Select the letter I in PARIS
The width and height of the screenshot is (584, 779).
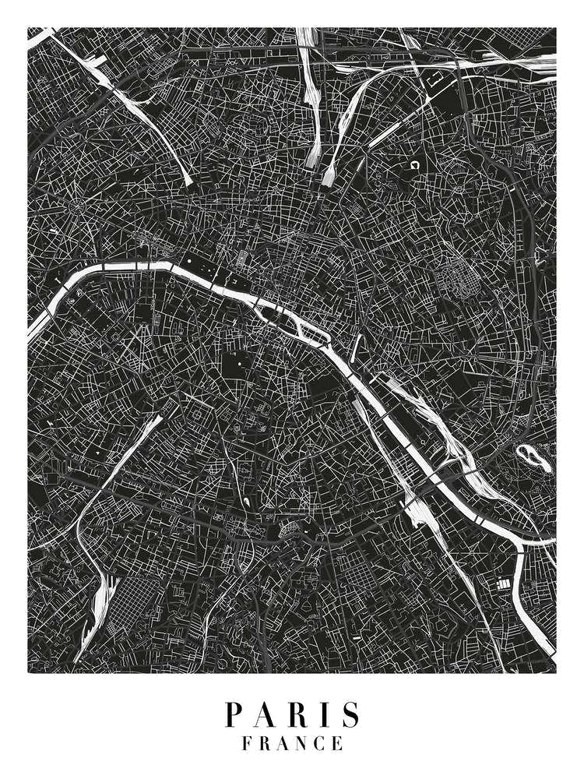pos(322,715)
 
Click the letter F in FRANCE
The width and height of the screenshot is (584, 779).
pos(247,744)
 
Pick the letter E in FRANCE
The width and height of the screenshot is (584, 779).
pos(337,744)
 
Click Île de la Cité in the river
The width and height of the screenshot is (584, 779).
pos(274,313)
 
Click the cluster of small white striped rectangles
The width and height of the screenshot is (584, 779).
pos(501,583)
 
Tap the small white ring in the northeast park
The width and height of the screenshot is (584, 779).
pos(414,166)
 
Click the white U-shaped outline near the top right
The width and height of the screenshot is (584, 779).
pos(438,78)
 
